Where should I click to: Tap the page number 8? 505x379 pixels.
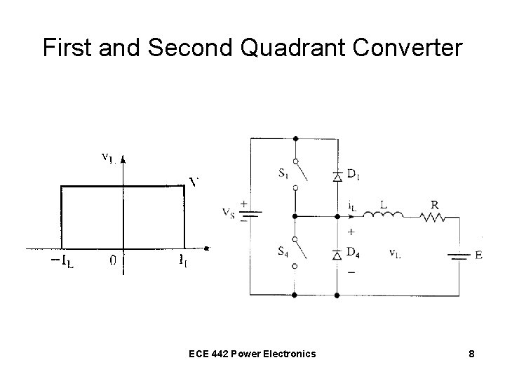point(472,354)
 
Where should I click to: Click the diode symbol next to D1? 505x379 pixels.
point(337,176)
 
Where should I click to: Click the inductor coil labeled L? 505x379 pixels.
point(384,215)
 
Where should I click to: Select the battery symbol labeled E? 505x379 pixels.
point(459,255)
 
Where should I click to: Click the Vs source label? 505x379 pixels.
point(229,211)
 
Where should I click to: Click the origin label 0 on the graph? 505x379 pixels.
point(113,261)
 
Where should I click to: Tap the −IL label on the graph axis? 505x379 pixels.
point(62,261)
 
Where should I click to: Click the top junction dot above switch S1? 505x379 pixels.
point(295,138)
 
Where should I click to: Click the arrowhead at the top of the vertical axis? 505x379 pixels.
point(123,159)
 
